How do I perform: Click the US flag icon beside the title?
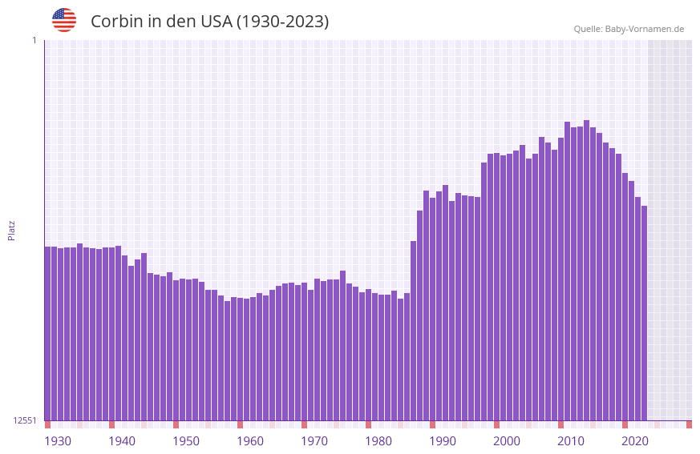64,20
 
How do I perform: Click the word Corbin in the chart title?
115,22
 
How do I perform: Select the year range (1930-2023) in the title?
281,22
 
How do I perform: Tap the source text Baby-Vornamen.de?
645,29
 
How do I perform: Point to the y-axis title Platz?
11,230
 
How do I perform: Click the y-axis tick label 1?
34,40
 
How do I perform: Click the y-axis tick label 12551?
25,420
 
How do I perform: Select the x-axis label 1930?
58,441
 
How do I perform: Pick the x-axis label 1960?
250,441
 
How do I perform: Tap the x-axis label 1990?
443,441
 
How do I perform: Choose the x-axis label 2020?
635,441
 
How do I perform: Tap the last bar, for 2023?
644,313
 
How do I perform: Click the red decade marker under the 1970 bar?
304,424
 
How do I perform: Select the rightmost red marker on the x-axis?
689,424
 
